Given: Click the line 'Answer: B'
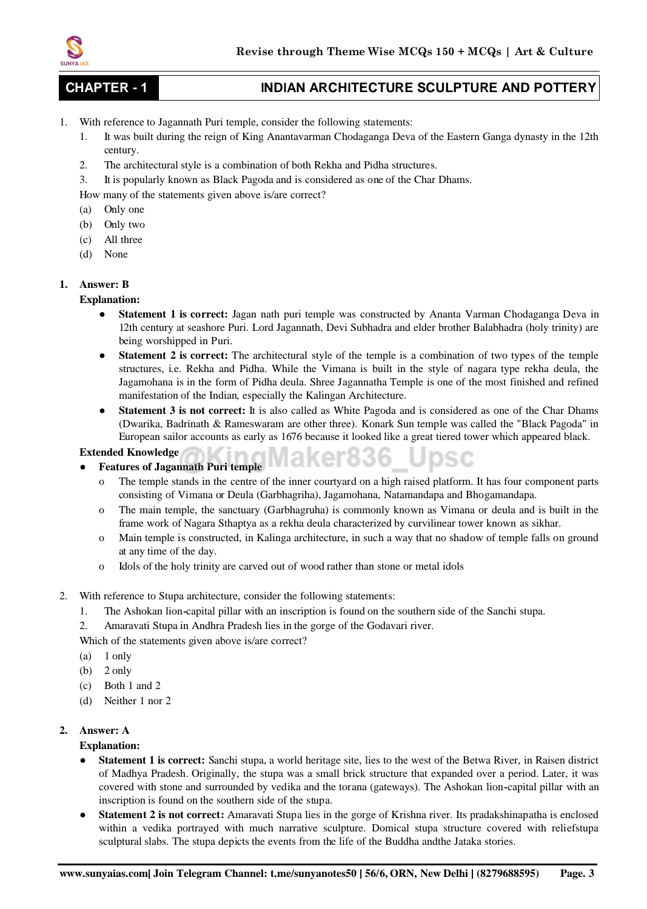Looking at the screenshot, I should click(x=104, y=284).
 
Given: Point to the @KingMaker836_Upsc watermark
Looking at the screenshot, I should click(x=327, y=457).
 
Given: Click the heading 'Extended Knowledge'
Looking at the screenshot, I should click(x=129, y=452).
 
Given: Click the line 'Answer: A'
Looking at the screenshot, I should click(x=104, y=730).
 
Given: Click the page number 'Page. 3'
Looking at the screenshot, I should click(x=577, y=873).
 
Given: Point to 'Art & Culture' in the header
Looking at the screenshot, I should click(x=554, y=52).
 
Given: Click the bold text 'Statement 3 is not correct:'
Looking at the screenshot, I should click(x=182, y=410).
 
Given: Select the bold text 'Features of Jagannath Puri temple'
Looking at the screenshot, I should click(x=180, y=467).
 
